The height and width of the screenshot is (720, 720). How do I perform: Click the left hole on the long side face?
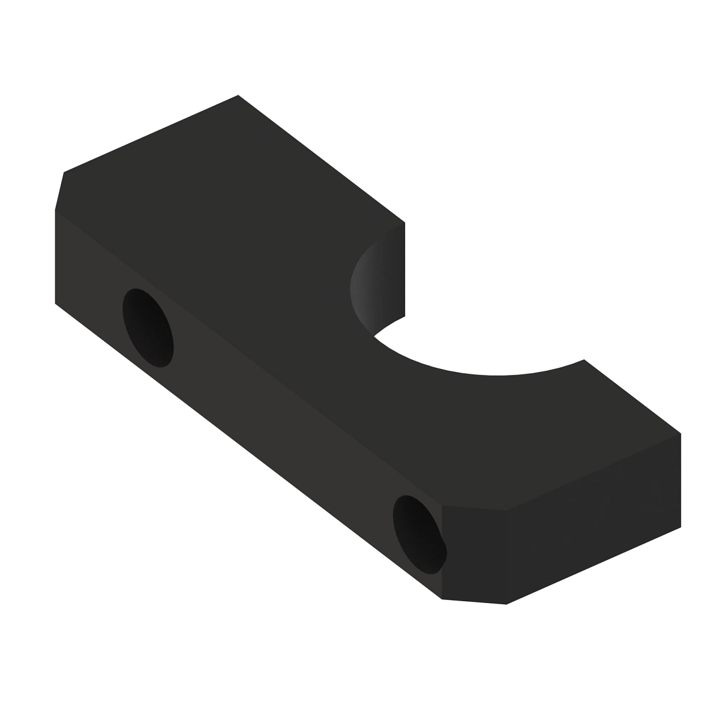pyautogui.click(x=148, y=327)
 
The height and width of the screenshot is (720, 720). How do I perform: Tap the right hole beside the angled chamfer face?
pyautogui.click(x=419, y=533)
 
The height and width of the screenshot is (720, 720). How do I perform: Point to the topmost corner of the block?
pyautogui.click(x=238, y=95)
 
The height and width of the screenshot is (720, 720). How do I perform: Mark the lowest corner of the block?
pyautogui.click(x=507, y=604)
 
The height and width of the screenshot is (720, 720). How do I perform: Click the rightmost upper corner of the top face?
pyautogui.click(x=681, y=433)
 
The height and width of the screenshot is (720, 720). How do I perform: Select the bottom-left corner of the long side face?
pyautogui.click(x=56, y=304)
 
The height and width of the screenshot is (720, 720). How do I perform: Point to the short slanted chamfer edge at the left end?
pyautogui.click(x=59, y=191)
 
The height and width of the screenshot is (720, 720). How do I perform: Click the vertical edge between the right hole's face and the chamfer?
pyautogui.click(x=442, y=552)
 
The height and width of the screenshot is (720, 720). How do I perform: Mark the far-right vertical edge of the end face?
pyautogui.click(x=681, y=480)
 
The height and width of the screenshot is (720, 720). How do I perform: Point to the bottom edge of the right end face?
pyautogui.click(x=594, y=565)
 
